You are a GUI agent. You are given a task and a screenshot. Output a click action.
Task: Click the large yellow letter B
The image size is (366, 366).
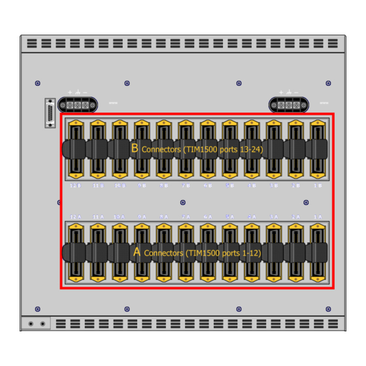tap(135, 148)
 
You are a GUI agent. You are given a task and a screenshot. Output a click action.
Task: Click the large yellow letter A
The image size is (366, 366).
tap(137, 252)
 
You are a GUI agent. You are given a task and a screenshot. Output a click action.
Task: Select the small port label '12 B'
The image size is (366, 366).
tap(76, 186)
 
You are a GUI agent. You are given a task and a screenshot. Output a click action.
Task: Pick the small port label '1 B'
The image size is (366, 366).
tap(318, 186)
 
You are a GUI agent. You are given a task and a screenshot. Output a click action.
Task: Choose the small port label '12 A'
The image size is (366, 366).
tap(75, 216)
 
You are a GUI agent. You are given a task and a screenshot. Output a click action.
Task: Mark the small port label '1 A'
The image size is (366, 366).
tap(318, 216)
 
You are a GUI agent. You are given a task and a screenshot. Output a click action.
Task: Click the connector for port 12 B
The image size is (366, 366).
tap(76, 149)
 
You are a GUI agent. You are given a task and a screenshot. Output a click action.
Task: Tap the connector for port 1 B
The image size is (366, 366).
tap(318, 149)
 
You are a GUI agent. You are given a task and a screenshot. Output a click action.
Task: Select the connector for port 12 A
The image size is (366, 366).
tap(76, 252)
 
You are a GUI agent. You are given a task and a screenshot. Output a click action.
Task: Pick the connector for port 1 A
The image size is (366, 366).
tap(318, 252)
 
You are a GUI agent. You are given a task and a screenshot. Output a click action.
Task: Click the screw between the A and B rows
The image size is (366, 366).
tap(183, 202)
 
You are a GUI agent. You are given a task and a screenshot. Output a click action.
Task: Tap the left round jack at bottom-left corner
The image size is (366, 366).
tap(31, 324)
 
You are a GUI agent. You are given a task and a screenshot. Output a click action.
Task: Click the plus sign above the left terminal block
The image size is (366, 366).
tap(70, 92)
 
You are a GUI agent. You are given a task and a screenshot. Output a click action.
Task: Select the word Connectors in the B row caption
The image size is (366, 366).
tap(166, 149)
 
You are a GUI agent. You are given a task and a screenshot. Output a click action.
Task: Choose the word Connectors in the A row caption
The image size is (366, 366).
tap(163, 252)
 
